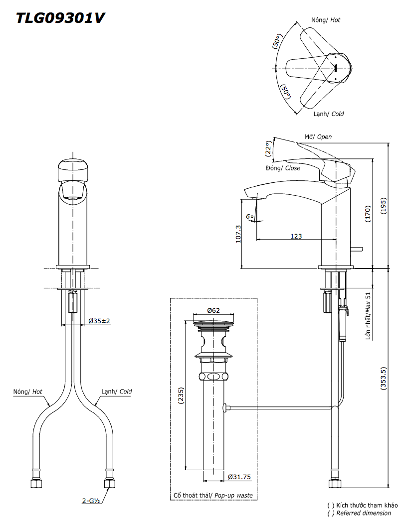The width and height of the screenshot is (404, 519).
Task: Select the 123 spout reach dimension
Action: pyautogui.click(x=296, y=236)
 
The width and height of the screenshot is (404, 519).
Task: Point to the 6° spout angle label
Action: pyautogui.click(x=250, y=217)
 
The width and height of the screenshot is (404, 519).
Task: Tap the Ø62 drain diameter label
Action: pyautogui.click(x=213, y=310)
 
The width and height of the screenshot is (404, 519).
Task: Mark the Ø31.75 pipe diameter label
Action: pyautogui.click(x=239, y=477)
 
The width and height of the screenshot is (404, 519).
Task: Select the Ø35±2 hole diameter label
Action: pyautogui.click(x=99, y=321)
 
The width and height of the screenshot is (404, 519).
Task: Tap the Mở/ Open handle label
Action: pyautogui.click(x=318, y=136)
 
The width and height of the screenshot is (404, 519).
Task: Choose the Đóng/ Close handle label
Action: pyautogui.click(x=283, y=168)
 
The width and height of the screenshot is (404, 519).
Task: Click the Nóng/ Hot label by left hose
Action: pyautogui.click(x=27, y=392)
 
